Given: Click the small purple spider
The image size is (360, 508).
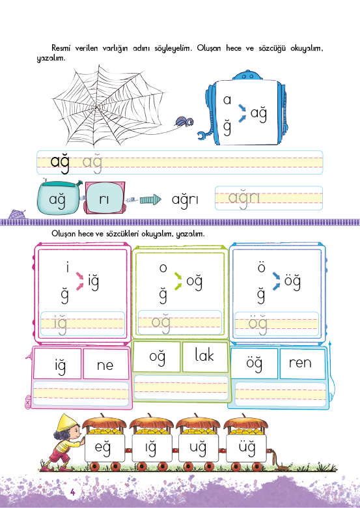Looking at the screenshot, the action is tap(184, 122).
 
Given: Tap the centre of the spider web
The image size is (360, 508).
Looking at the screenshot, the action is tap(96, 106).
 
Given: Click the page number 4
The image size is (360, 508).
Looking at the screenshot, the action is tap(72, 492).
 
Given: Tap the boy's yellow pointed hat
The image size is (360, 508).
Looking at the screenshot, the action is tap(64, 423).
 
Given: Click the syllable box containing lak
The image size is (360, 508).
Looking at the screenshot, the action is tap(205, 357).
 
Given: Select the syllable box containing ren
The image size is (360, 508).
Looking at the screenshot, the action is tap(302, 363).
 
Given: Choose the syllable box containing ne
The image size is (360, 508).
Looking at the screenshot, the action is tap(105, 363).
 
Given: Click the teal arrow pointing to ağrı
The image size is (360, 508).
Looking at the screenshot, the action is tap(150, 199).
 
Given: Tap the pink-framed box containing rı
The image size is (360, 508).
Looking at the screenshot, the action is tap(104, 198).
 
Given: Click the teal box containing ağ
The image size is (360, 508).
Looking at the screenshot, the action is tap(59, 198).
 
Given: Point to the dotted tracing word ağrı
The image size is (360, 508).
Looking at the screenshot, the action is tap(244, 198).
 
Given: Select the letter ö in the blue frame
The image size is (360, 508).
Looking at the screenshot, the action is tap(261, 268).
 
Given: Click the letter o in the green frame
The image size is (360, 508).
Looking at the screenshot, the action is tap(163, 268).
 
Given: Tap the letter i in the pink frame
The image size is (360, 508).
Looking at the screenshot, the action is tap(67, 268).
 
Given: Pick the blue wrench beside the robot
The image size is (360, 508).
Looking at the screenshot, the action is tap(203, 135).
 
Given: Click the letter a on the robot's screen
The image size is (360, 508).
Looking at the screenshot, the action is tap(227, 100).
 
